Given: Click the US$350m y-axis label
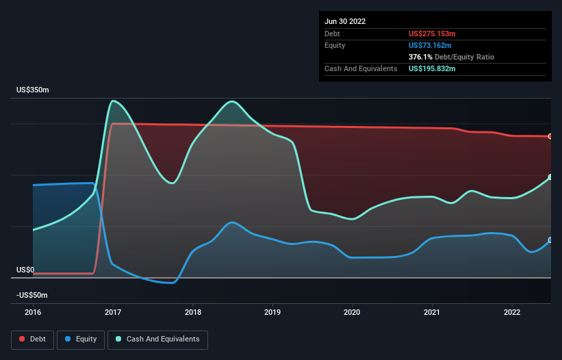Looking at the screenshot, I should [x=33, y=90].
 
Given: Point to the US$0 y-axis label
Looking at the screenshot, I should [x=25, y=270].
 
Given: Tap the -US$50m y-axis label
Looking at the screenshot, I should [x=31, y=295].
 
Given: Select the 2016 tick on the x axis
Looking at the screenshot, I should [x=33, y=312].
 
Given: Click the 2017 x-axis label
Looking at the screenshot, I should [x=113, y=312].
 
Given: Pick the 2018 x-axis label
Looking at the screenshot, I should [x=193, y=312].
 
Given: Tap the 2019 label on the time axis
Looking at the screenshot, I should [x=272, y=312].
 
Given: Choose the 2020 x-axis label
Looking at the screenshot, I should [x=353, y=312].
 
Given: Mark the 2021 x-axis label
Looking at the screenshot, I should [x=432, y=312].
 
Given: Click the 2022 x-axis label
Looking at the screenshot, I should [x=512, y=312].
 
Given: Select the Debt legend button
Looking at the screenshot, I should [x=31, y=339].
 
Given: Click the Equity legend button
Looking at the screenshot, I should [x=81, y=339].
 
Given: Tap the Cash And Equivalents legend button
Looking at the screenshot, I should [x=157, y=339].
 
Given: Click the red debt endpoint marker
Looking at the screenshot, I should [x=550, y=136].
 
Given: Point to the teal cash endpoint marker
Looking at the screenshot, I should [x=550, y=177].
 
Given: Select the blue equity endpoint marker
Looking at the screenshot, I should [x=550, y=240].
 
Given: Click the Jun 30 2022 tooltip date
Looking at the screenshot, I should [x=345, y=21].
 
